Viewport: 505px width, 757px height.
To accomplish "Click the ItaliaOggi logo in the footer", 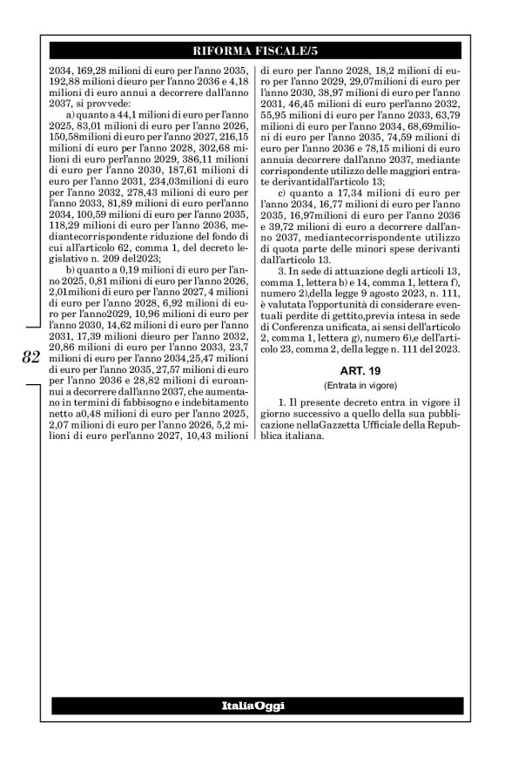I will pos(252,704).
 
